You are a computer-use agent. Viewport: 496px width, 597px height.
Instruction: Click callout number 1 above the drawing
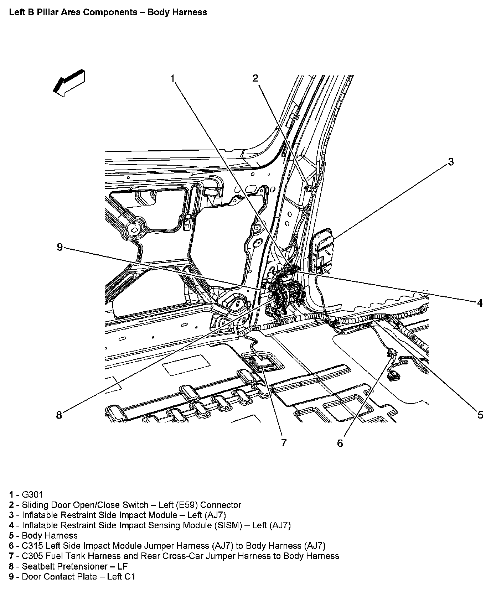[173, 78]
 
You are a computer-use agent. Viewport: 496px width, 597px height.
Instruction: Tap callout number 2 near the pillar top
[255, 78]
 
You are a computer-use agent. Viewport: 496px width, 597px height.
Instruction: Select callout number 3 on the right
[451, 162]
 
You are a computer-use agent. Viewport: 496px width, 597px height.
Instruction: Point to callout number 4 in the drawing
[480, 303]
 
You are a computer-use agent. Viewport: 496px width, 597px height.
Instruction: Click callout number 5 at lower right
[480, 415]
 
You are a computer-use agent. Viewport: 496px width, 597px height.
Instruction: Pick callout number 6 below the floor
[340, 443]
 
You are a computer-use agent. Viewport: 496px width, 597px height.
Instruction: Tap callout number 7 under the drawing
[284, 443]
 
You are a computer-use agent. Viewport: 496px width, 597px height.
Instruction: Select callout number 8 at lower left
[59, 415]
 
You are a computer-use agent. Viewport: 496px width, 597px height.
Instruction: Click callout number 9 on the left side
[60, 247]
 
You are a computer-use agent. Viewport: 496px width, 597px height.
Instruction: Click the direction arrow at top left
[69, 83]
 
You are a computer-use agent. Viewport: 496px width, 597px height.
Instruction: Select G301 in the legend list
[32, 494]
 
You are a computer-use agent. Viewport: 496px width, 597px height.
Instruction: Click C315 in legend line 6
[32, 546]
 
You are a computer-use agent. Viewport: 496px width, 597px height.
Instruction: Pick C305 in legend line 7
[32, 556]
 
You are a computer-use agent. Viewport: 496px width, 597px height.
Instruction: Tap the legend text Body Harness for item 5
[50, 535]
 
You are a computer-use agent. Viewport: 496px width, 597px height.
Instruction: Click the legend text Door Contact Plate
[59, 577]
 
